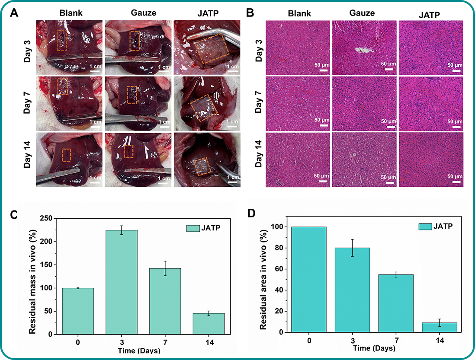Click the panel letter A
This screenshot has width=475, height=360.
(x=14, y=13)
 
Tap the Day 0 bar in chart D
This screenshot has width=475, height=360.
(x=308, y=279)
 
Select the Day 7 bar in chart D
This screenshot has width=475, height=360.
(x=396, y=303)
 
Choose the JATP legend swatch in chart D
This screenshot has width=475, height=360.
(x=426, y=226)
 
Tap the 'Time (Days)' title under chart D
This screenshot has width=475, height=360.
(x=374, y=348)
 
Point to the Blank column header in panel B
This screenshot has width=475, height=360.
(x=299, y=14)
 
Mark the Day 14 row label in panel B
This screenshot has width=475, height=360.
(x=258, y=158)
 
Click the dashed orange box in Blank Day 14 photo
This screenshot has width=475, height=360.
(x=66, y=154)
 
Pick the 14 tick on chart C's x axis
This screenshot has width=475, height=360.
(x=209, y=341)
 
